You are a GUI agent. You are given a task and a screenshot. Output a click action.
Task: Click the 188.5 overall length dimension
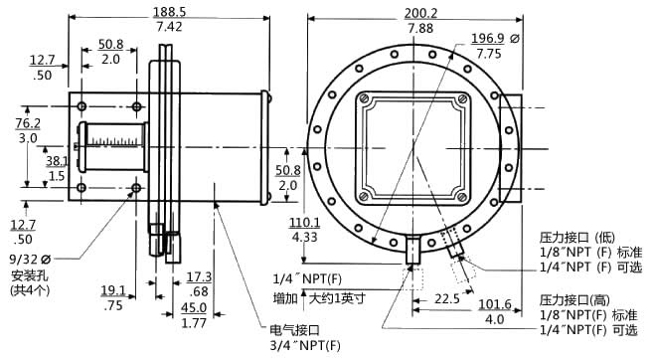click(x=169, y=12)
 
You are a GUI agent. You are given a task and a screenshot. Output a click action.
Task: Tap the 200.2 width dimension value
click(x=420, y=13)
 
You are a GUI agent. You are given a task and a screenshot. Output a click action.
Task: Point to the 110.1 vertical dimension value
click(x=305, y=223)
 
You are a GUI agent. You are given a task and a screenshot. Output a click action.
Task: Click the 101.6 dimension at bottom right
click(x=495, y=304)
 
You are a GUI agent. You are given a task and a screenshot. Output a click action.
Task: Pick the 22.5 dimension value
click(x=447, y=298)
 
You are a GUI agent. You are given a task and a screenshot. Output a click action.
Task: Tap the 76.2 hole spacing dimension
click(x=28, y=123)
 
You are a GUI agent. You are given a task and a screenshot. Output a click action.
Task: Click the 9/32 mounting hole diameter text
click(x=30, y=260)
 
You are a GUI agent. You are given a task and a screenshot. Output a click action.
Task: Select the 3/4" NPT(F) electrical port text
click(x=305, y=345)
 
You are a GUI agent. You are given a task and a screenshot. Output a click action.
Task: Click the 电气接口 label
click(x=294, y=330)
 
